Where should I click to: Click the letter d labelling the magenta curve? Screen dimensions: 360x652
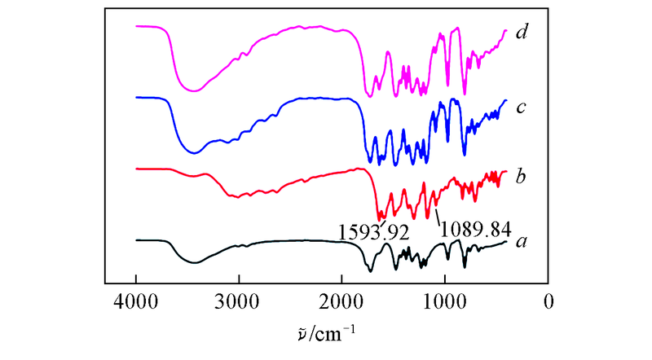click(522, 33)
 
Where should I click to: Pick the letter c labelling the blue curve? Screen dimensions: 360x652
click(522, 105)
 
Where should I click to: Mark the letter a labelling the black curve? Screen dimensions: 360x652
click(522, 242)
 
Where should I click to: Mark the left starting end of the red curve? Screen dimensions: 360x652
click(136, 169)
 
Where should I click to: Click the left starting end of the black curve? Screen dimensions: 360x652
click(136, 240)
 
